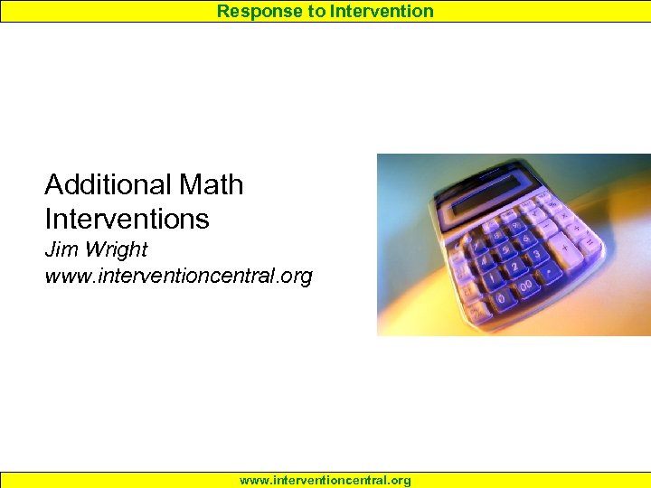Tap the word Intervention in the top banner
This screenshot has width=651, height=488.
click(x=382, y=11)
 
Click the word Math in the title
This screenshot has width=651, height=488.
click(x=212, y=184)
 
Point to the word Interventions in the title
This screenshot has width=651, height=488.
click(x=127, y=219)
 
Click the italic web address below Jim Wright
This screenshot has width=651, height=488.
click(x=178, y=276)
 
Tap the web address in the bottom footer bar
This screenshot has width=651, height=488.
click(x=325, y=481)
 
